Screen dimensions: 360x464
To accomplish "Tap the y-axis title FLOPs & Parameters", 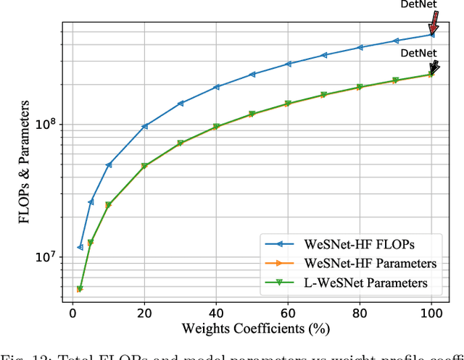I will point(26,162).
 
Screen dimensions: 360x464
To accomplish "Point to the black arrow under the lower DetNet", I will point(434,67).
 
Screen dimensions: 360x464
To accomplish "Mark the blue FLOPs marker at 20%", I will point(144,126).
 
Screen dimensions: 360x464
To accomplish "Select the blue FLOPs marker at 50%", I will point(252,74).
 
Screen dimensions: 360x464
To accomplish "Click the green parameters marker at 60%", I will point(288,104).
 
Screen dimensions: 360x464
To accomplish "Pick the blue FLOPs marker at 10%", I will point(109,165).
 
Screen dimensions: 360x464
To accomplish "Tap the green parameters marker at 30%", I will point(181,143).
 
